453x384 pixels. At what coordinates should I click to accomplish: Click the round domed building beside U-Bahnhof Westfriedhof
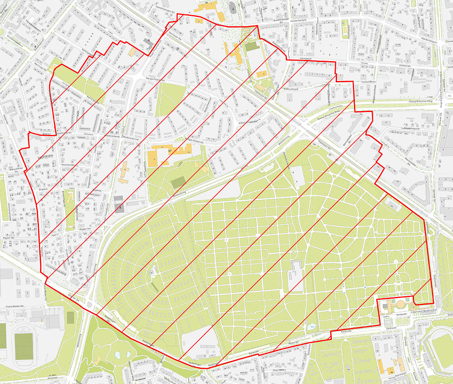click(x=401, y=304)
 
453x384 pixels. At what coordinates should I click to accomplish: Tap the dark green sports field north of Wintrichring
click(x=178, y=183)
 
